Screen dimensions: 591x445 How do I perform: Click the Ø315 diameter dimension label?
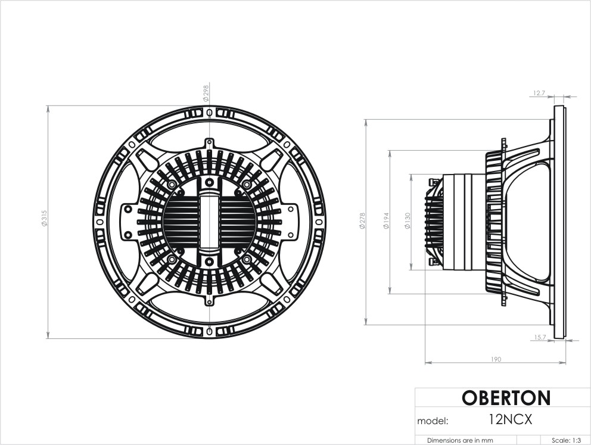coord(45,218)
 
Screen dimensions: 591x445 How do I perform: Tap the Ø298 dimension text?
coord(206,93)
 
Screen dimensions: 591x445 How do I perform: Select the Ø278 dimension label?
coord(362,221)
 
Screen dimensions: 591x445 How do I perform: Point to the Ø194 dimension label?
coord(386,221)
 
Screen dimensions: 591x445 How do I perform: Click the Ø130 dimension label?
coord(407,221)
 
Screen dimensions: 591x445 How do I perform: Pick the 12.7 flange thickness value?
coord(539,93)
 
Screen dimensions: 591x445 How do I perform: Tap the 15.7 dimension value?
coord(540,337)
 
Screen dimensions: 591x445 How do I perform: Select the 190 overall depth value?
coord(496,359)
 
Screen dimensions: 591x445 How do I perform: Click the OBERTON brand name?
coord(506,397)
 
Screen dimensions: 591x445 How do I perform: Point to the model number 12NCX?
coord(511,419)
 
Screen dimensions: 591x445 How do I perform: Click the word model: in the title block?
coord(433,421)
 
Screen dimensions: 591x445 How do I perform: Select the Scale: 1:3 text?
coord(566,440)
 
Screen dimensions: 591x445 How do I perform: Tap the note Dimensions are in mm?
coord(460,440)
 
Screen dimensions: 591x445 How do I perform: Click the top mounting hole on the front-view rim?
coord(210,113)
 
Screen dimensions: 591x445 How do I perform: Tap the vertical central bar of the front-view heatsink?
coord(209,222)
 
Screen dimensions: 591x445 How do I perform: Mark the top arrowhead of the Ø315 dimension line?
coord(48,109)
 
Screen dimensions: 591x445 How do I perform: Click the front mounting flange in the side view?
coord(559,222)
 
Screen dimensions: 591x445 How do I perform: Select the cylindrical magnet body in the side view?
coord(464,222)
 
